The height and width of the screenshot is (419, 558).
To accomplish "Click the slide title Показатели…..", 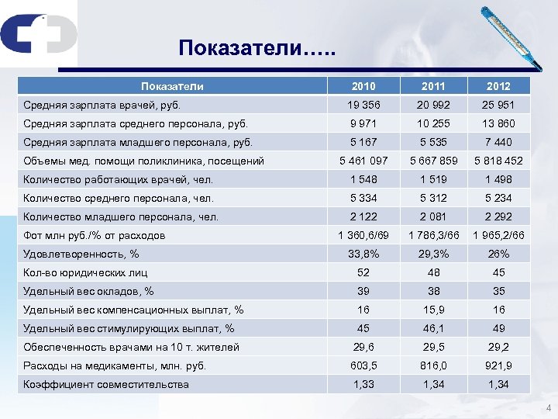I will click(257, 49).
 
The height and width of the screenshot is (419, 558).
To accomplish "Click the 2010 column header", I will click(363, 86).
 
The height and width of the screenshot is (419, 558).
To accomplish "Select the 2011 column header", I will click(433, 86).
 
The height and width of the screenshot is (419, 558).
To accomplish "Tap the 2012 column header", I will click(499, 86).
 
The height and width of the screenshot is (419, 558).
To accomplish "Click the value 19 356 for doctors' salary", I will click(363, 105).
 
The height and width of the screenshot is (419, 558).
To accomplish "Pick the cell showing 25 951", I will click(499, 105).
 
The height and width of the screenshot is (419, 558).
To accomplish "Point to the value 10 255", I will click(433, 123).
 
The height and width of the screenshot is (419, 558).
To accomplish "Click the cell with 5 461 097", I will click(363, 161).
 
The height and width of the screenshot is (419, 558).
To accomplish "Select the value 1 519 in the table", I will click(433, 179).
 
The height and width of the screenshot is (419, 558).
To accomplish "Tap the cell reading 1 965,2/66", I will click(499, 235).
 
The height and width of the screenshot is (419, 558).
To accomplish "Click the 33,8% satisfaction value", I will click(363, 254).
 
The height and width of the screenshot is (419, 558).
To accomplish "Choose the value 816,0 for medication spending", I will click(433, 365).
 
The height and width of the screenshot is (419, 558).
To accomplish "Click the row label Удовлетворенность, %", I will click(81, 254).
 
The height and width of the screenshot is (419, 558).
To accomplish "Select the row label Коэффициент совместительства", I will click(106, 384).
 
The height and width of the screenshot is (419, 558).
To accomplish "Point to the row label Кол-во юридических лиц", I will click(85, 272).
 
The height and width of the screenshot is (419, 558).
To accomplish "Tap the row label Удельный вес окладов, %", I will click(88, 291).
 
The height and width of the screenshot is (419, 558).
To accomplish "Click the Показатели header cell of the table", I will click(172, 86).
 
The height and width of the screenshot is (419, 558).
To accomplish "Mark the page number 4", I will click(548, 409).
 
